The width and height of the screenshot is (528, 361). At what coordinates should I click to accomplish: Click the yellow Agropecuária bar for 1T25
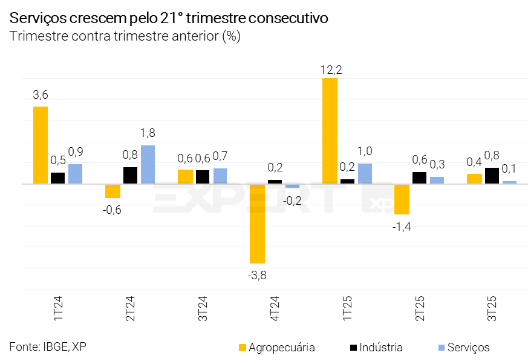pyautogui.click(x=330, y=131)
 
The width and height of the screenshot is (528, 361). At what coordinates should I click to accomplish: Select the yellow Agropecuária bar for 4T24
pyautogui.click(x=257, y=224)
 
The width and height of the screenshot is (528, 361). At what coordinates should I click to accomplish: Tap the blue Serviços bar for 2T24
pyautogui.click(x=148, y=164)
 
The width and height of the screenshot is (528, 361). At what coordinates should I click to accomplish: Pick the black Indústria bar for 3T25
pyautogui.click(x=492, y=176)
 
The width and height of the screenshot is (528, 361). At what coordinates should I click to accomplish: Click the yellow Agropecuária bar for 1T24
pyautogui.click(x=41, y=145)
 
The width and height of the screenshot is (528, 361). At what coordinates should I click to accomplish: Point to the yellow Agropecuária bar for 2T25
pyautogui.click(x=402, y=199)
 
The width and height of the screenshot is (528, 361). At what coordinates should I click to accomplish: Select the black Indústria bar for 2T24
pyautogui.click(x=130, y=175)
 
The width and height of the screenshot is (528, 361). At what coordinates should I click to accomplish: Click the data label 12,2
pyautogui.click(x=331, y=70)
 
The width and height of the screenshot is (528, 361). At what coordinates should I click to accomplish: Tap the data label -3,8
pyautogui.click(x=257, y=276)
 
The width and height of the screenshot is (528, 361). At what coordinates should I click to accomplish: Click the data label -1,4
pyautogui.click(x=402, y=227)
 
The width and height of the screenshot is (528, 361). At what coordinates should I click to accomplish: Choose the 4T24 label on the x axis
pyautogui.click(x=275, y=309)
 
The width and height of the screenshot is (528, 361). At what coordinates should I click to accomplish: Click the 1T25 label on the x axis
pyautogui.click(x=347, y=309)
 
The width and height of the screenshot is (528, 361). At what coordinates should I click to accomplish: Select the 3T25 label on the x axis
pyautogui.click(x=492, y=309)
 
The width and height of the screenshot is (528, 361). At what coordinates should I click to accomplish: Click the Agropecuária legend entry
pyautogui.click(x=276, y=348)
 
